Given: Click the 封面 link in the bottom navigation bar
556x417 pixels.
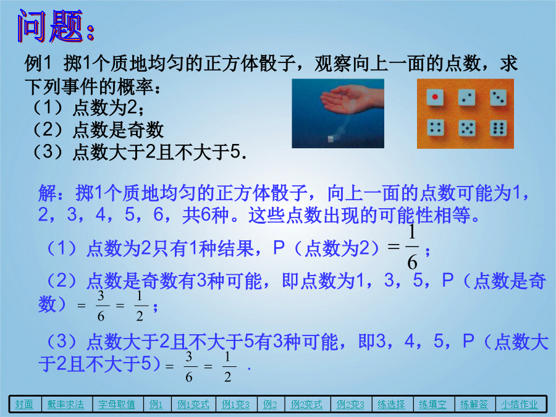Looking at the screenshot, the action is (24, 404).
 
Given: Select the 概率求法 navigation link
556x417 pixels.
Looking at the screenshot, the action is (65, 404).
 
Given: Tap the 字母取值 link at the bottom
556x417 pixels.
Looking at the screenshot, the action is (117, 404).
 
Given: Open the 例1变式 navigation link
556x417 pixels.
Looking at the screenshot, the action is (193, 404).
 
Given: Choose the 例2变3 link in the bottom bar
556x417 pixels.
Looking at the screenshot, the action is (350, 404).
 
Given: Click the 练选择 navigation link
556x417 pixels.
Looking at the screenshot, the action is (391, 404).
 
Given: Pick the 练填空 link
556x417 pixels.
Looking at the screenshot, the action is (432, 404).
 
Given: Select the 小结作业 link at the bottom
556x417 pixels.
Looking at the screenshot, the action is (520, 404).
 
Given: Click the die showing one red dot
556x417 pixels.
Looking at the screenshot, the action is (435, 97).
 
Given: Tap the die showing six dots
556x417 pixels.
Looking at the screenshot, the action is (499, 128).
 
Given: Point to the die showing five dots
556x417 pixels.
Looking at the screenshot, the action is (467, 128).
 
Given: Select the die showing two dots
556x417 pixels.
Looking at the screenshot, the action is (466, 97).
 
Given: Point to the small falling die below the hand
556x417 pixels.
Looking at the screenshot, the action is (331, 139).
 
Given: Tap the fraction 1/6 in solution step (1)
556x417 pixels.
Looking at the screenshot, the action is (412, 247).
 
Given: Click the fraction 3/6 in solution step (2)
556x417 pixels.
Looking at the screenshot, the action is (101, 306).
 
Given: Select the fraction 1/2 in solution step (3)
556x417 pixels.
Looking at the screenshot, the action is (227, 366).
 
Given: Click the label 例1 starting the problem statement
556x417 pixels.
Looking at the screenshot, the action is (38, 64).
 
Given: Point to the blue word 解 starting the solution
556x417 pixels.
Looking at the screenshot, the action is (48, 193).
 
